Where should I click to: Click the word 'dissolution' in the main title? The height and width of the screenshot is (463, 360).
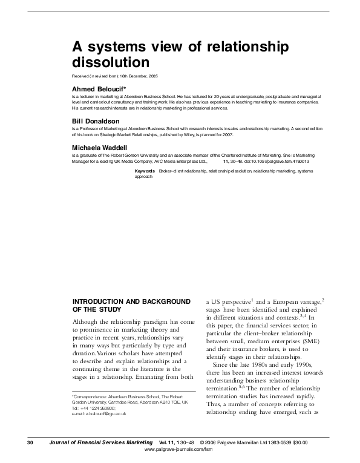coord(110,62)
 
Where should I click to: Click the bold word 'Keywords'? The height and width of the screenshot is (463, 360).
coord(145,172)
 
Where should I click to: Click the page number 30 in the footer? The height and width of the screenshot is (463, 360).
coord(30,443)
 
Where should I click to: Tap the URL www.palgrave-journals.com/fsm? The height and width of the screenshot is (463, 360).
coord(180,450)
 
